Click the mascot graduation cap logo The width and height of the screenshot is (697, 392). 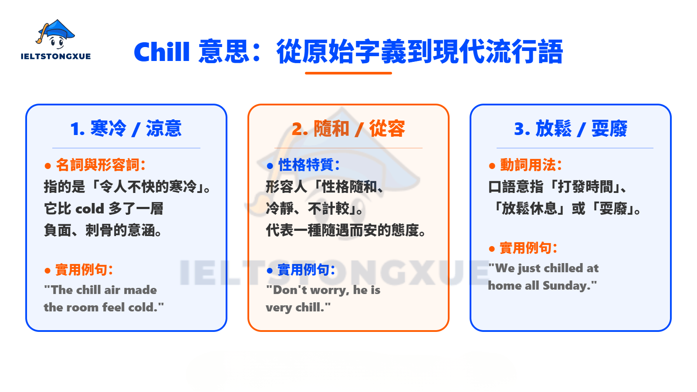[55, 34]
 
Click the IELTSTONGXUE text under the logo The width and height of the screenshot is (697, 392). [56, 56]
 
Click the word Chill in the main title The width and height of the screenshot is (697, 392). [162, 52]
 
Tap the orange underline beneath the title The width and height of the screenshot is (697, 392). [348, 73]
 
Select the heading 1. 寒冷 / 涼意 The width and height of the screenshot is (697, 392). [126, 128]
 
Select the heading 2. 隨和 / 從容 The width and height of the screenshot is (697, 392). [348, 128]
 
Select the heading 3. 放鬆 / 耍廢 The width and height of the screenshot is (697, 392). [570, 128]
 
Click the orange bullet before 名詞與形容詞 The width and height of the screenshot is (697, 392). [48, 166]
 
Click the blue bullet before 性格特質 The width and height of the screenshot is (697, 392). [270, 166]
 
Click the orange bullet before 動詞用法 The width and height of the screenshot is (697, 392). [492, 166]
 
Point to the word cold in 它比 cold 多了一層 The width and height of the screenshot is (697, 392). [89, 209]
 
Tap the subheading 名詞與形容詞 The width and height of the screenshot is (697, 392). [100, 165]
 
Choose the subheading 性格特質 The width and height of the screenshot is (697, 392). [309, 165]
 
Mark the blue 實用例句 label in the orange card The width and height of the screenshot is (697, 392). [306, 270]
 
